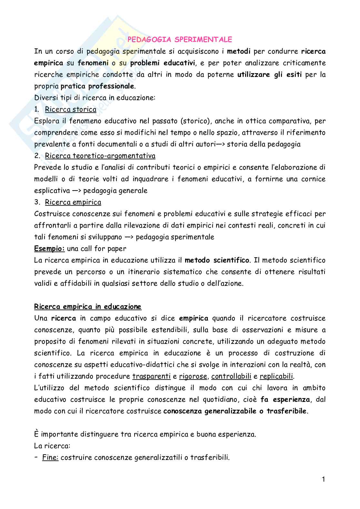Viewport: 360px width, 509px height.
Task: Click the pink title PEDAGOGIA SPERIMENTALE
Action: coord(180,40)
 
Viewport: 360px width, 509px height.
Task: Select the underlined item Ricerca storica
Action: coord(71,109)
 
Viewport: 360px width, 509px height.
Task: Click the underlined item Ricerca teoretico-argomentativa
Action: coord(100,156)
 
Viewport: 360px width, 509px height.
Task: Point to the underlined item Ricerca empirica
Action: coord(73,202)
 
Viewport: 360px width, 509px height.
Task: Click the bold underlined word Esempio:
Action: coord(49,249)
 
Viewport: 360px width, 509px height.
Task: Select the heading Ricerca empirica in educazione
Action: coord(88,307)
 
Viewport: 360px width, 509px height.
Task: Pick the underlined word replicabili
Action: coord(276,376)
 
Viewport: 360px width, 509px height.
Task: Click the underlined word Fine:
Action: coord(50,457)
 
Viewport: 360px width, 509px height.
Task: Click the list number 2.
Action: coord(37,156)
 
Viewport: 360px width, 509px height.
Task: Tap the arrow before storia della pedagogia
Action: coord(220,144)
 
